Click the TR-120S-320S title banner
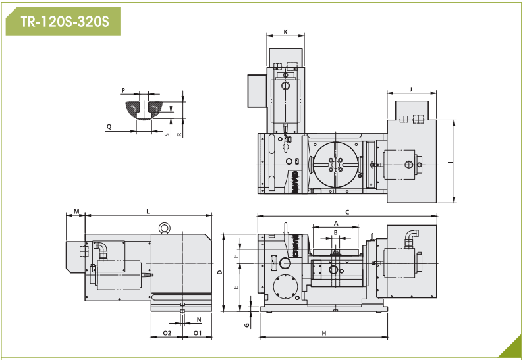pyautogui.click(x=63, y=21)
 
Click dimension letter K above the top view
pyautogui.click(x=285, y=32)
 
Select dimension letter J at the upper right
pyautogui.click(x=411, y=90)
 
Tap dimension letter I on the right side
pyautogui.click(x=451, y=163)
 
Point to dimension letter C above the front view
pyautogui.click(x=347, y=212)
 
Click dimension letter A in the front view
pyautogui.click(x=336, y=223)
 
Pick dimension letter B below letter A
pyautogui.click(x=335, y=232)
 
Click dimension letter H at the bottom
pyautogui.click(x=324, y=333)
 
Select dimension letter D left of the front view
pyautogui.click(x=219, y=272)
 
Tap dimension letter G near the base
pyautogui.click(x=247, y=325)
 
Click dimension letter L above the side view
pyautogui.click(x=148, y=212)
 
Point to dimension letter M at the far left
pyautogui.click(x=76, y=211)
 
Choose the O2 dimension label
pyautogui.click(x=167, y=333)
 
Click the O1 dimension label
pyautogui.click(x=198, y=333)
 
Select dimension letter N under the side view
pyautogui.click(x=199, y=320)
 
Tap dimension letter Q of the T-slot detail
pyautogui.click(x=109, y=126)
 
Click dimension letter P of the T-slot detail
pyautogui.click(x=123, y=90)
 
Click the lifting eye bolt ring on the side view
pyautogui.click(x=165, y=227)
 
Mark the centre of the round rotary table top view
pyautogui.click(x=335, y=165)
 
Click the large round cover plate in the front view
pyautogui.click(x=285, y=287)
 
